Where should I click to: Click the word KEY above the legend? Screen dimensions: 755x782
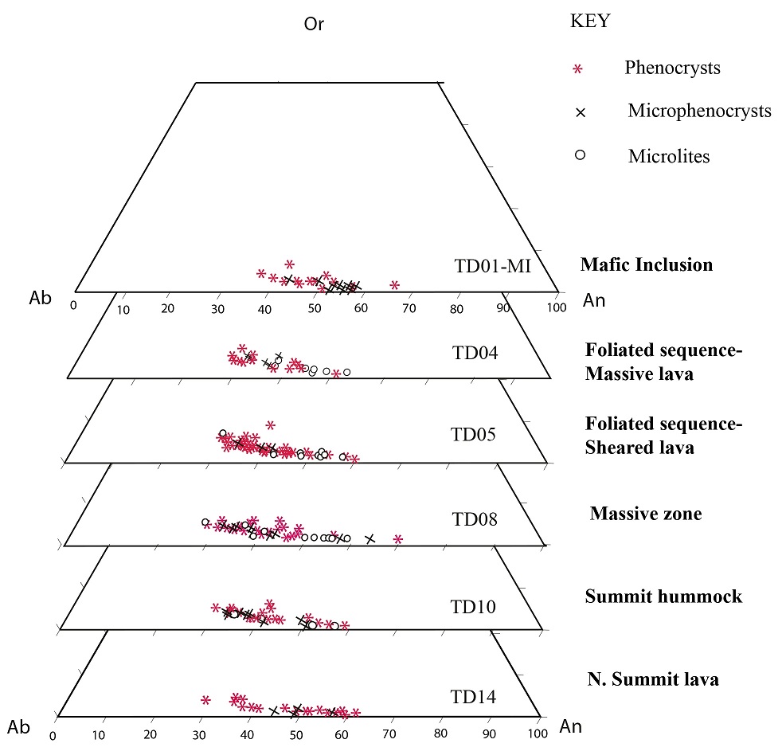point(590,22)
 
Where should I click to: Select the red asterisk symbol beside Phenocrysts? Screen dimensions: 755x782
point(579,69)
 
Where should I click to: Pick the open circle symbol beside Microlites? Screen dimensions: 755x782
point(581,155)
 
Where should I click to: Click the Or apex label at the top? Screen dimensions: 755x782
point(314,24)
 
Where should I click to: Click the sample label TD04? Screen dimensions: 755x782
point(473,351)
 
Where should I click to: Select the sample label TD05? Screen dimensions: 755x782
point(473,435)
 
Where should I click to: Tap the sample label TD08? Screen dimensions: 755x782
point(475,520)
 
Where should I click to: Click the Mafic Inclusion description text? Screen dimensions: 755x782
point(647,265)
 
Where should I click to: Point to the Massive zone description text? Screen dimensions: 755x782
point(646,514)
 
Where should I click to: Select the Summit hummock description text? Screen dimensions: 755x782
point(663,597)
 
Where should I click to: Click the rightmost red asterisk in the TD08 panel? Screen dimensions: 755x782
point(398,539)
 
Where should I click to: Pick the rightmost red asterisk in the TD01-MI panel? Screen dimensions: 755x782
point(394,284)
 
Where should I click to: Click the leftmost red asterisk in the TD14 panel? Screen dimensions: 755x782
point(205,700)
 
